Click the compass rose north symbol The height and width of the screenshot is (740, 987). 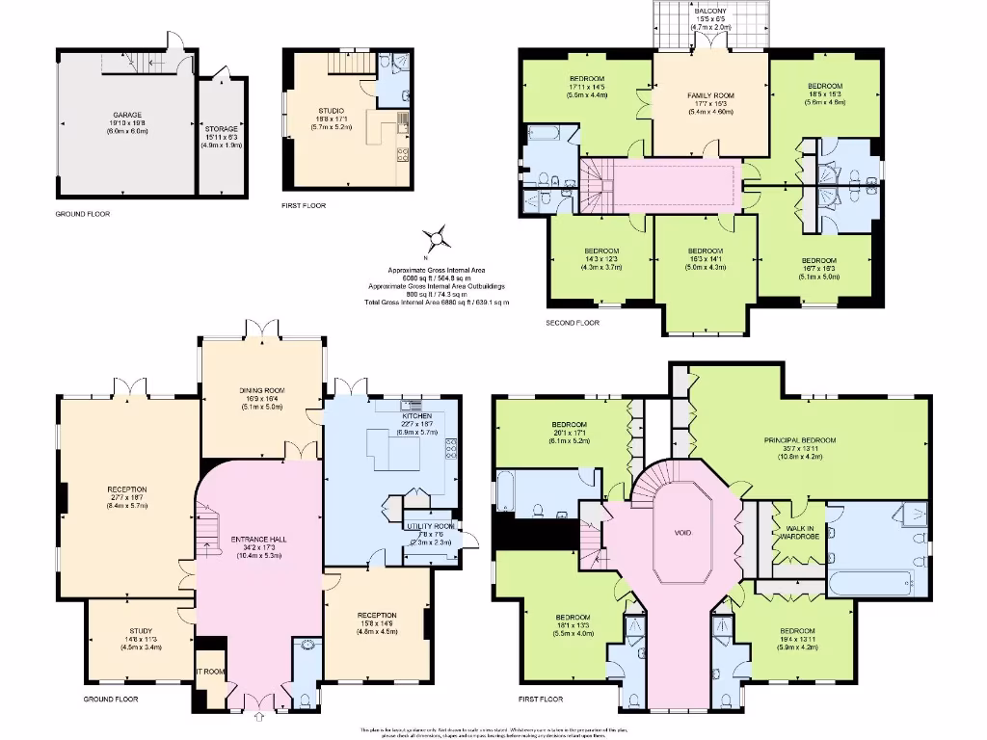pyautogui.click(x=437, y=236)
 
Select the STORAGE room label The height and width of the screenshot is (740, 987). pyautogui.click(x=221, y=128)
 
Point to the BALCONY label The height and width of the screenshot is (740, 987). pyautogui.click(x=711, y=11)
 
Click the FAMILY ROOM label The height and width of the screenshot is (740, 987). pyautogui.click(x=710, y=96)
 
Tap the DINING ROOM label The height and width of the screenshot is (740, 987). pyautogui.click(x=263, y=390)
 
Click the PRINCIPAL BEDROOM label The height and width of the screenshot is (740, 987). pyautogui.click(x=800, y=440)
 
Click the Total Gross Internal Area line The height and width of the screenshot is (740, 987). pyautogui.click(x=437, y=303)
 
